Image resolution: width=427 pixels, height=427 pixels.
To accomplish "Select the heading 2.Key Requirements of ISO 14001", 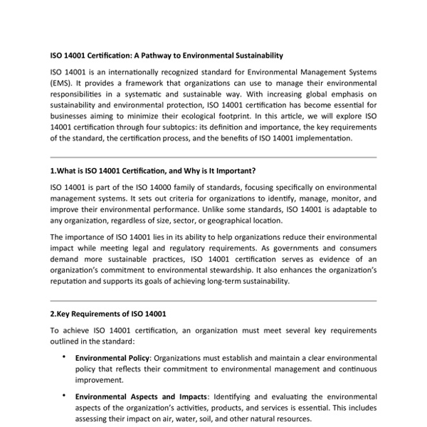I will coord(108,314).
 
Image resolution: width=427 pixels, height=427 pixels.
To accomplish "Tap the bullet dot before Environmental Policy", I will coord(65,356).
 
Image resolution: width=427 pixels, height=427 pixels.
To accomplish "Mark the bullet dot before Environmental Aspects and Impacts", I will coord(65,394).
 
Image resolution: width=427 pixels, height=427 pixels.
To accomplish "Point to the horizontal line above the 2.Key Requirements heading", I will coord(213,300).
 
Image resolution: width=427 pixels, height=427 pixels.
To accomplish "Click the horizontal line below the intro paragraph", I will coord(213,157).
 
